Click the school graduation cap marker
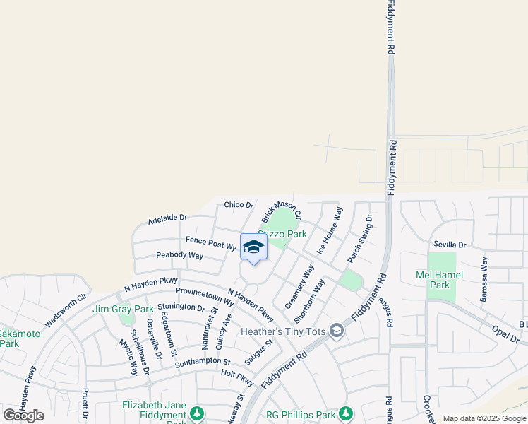[253, 247]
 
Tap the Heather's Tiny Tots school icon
[337, 331]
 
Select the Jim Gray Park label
[123, 309]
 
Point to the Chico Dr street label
[239, 205]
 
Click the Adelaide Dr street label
[167, 220]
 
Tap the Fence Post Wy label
[210, 244]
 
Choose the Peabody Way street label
[179, 255]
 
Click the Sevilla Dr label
[450, 245]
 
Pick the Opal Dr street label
[506, 335]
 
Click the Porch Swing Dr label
[359, 239]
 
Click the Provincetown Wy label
[205, 295]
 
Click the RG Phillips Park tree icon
[345, 413]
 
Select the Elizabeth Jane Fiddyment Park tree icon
[198, 413]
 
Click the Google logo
[23, 416]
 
